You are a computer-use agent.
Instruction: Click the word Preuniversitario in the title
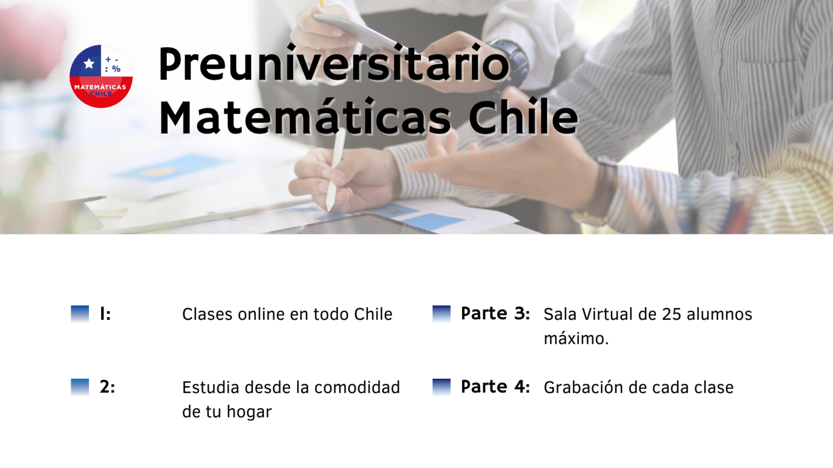[x=334, y=64]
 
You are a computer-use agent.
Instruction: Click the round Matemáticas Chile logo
[x=101, y=77]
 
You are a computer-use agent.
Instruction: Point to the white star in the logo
[x=89, y=64]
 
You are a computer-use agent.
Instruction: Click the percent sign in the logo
[x=116, y=69]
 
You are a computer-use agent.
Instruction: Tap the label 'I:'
[x=106, y=314]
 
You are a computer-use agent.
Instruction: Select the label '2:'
[x=107, y=387]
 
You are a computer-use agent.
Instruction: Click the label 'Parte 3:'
[x=495, y=313]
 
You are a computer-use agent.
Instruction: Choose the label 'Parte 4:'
[x=495, y=386]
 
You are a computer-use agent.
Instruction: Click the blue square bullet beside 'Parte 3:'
[x=441, y=314]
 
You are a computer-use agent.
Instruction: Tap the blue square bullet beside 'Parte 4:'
[x=441, y=388]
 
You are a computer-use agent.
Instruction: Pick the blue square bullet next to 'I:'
[x=80, y=314]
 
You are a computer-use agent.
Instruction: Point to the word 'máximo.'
[x=576, y=338]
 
